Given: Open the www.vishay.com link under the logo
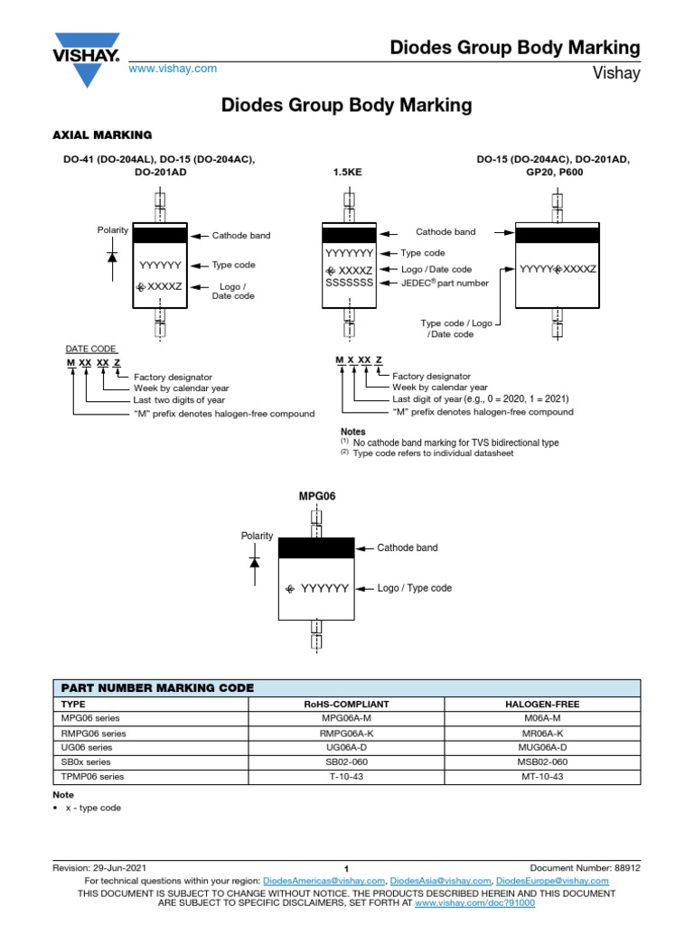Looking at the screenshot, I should click(x=173, y=69).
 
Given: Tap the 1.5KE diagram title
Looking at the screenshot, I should click(x=348, y=171).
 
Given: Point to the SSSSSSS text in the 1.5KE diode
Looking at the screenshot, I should click(x=348, y=283).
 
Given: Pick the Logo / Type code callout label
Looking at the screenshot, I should click(x=414, y=588).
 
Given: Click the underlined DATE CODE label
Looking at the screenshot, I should click(x=90, y=349).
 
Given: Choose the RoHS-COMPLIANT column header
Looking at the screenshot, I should click(x=347, y=703).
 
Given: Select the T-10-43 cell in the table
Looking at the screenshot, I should click(x=347, y=777).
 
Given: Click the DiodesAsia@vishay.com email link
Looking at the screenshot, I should click(x=442, y=880).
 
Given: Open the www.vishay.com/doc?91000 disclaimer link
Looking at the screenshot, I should click(x=474, y=902).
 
